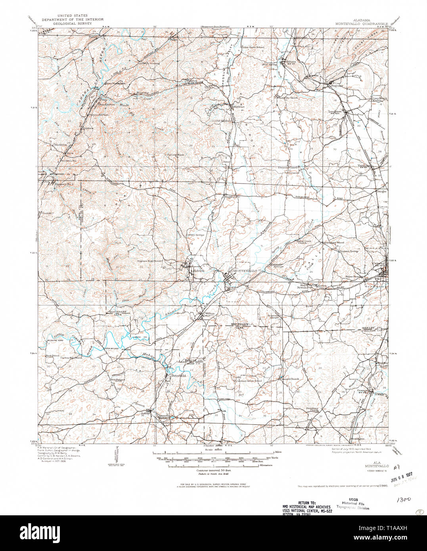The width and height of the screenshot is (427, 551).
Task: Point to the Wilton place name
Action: [x=210, y=313]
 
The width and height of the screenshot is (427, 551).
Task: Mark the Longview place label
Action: [x=335, y=111]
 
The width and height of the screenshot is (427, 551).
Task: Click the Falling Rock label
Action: [x=176, y=155]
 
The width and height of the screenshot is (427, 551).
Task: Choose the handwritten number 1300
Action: [x=403, y=500]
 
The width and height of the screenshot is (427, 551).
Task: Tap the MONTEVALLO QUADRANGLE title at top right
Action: [x=356, y=23]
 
